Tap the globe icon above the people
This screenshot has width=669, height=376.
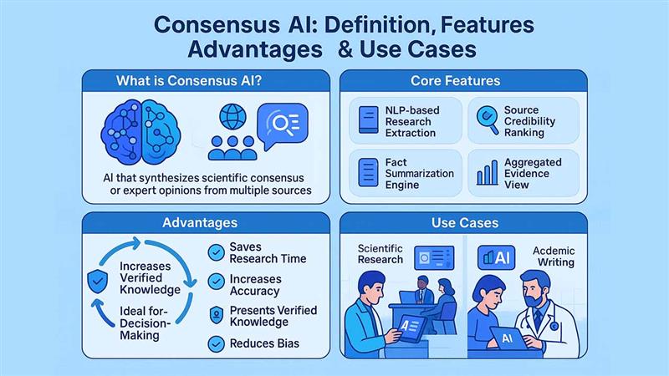tap(230, 114)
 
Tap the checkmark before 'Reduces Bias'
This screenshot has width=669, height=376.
tap(215, 343)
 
